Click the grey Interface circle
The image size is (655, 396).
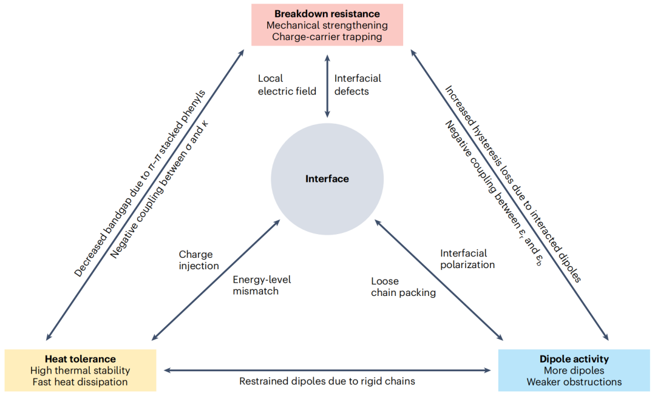tap(327, 179)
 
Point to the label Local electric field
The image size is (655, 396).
tap(287, 85)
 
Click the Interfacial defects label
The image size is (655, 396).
tap(358, 85)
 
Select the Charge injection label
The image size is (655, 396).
tap(199, 260)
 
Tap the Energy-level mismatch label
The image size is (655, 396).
tap(262, 285)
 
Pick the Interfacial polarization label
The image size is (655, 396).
tap(467, 259)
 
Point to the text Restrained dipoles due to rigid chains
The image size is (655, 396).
tap(327, 381)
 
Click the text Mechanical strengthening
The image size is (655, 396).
tap(327, 25)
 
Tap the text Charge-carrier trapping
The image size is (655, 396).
tap(327, 37)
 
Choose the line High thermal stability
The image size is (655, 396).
tap(80, 371)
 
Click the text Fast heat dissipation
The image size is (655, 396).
tap(80, 382)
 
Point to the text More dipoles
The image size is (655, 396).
tap(574, 371)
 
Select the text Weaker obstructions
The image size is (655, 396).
tap(574, 382)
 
